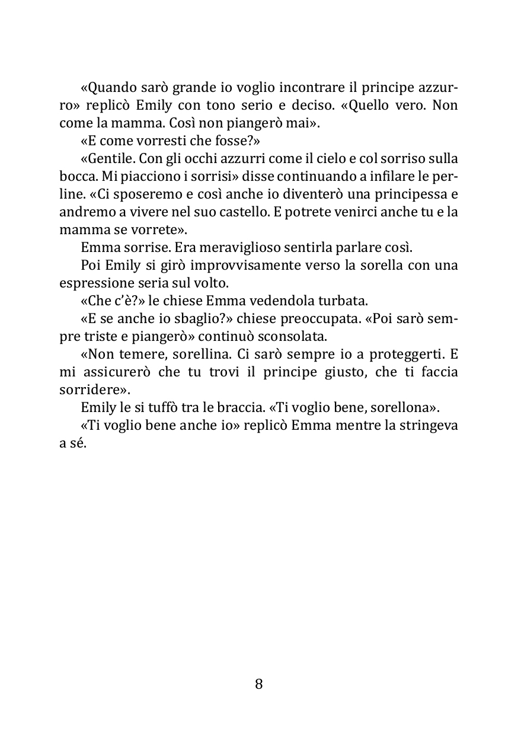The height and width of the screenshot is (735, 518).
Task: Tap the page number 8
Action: pos(258,684)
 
